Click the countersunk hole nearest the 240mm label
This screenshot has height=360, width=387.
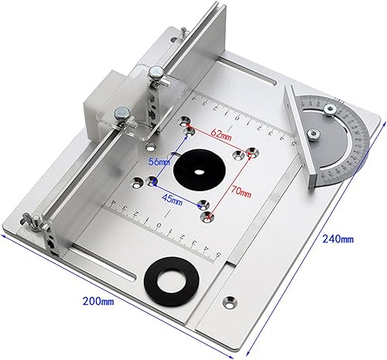[x=230, y=297]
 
